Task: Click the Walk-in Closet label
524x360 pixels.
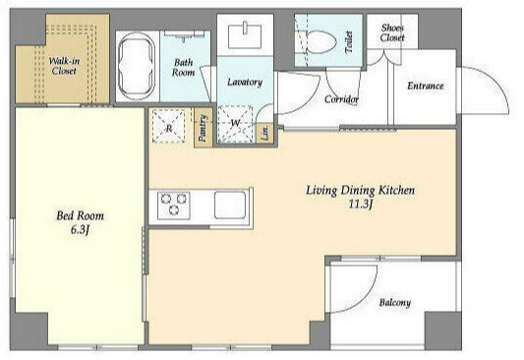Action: [64, 66]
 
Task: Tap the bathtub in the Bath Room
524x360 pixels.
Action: [137, 67]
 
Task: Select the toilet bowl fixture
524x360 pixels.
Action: [320, 42]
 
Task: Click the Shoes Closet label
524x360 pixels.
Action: [392, 32]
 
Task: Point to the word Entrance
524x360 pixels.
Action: [426, 86]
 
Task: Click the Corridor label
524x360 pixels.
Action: [341, 99]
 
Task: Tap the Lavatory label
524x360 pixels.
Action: [245, 83]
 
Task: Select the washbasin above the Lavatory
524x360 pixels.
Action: [245, 36]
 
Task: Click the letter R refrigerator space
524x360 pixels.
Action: [169, 125]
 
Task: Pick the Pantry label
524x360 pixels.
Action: [204, 128]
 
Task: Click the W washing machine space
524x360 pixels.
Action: [235, 124]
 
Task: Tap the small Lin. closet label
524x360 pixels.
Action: [265, 133]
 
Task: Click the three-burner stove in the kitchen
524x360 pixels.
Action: [174, 206]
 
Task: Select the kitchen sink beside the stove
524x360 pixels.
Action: [230, 206]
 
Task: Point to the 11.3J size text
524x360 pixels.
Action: [360, 204]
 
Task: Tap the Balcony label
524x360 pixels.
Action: [394, 303]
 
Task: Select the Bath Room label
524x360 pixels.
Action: [184, 68]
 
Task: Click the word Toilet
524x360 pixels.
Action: [349, 41]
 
